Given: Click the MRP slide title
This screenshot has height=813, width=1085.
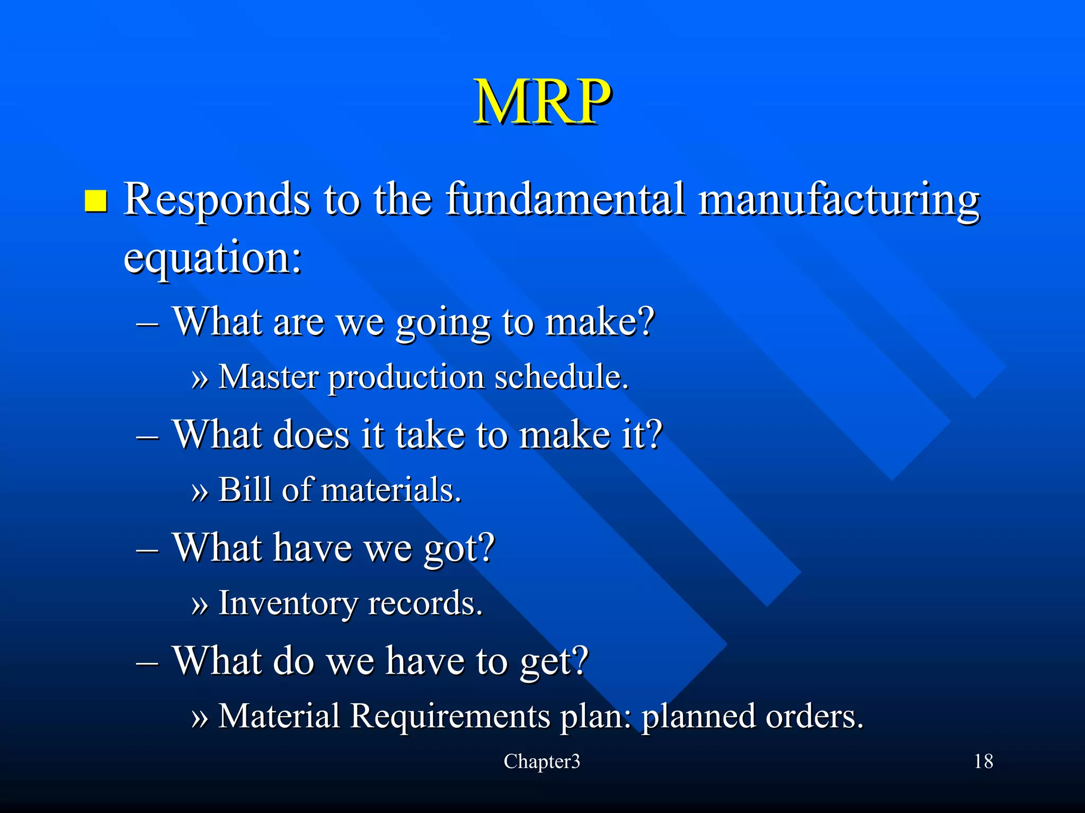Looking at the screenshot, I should coord(542,102).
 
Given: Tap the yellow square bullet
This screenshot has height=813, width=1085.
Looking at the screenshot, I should coord(96,201).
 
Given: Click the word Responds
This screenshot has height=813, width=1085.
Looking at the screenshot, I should coord(217,200).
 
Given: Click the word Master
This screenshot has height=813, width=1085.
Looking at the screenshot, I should coord(269,377).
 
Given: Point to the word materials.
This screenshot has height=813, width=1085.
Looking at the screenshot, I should coord(391,490).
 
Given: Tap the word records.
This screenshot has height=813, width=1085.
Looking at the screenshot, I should coord(425,604).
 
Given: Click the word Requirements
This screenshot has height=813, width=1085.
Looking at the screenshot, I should coord(451,717).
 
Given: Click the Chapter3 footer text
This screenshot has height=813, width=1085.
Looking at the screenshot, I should coord(541,762).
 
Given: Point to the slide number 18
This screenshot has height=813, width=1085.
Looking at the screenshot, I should coord(983,762).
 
